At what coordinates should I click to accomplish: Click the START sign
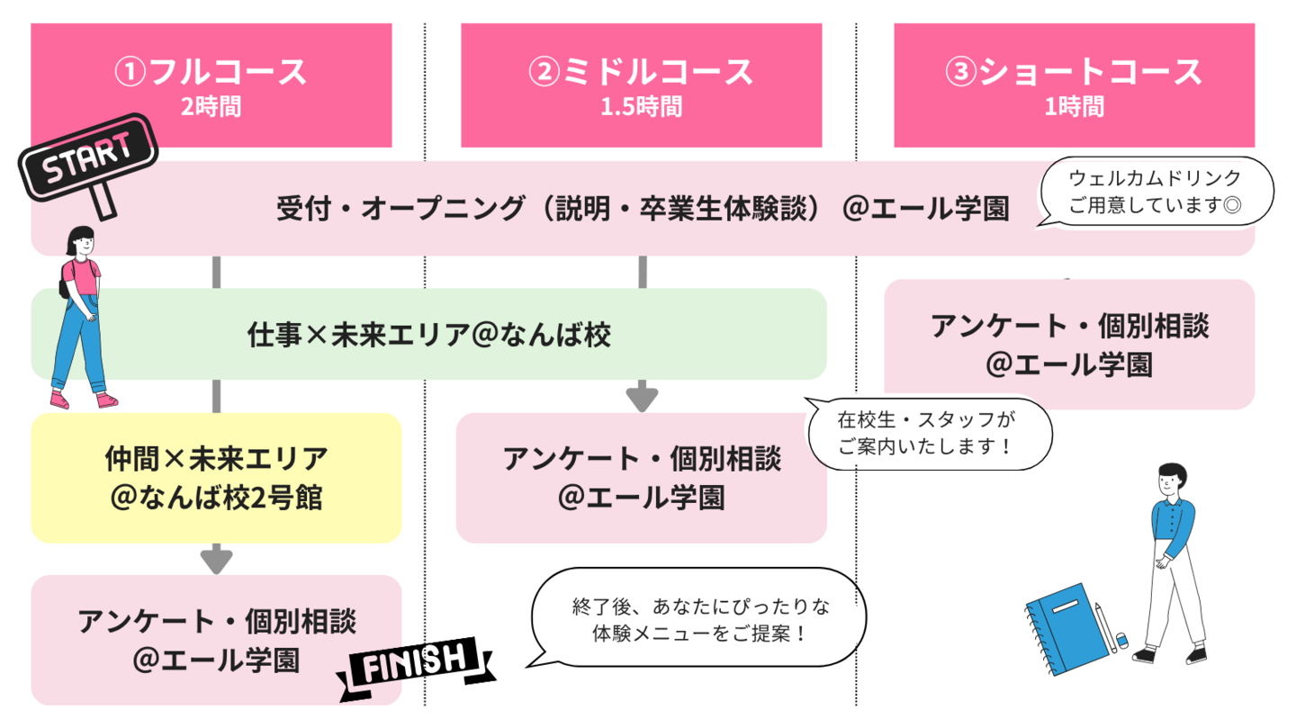pyautogui.click(x=89, y=159)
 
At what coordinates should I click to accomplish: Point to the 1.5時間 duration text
pyautogui.click(x=641, y=108)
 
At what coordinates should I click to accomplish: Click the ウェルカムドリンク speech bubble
pyautogui.click(x=1156, y=191)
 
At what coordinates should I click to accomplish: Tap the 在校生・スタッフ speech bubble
pyautogui.click(x=930, y=433)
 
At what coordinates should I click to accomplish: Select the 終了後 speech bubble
pyautogui.click(x=699, y=618)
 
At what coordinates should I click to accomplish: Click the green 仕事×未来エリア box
pyautogui.click(x=429, y=335)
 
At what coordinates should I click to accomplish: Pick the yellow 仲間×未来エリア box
pyautogui.click(x=216, y=478)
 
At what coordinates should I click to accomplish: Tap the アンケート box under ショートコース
pyautogui.click(x=1069, y=345)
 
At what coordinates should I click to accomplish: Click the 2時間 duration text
pyautogui.click(x=211, y=108)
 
